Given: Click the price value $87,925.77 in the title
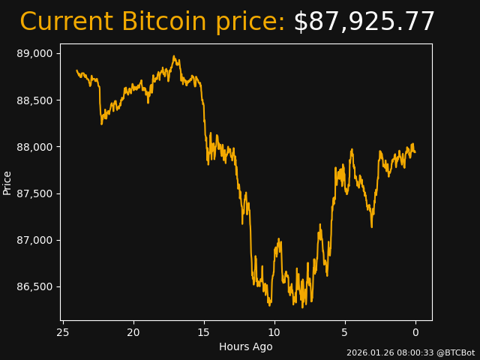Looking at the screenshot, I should click(364, 22).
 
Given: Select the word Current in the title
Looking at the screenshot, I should click(67, 22).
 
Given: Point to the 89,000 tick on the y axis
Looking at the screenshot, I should click(35, 53).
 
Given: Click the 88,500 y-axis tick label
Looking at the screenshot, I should click(35, 100).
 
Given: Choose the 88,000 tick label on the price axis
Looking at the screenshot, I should click(35, 147).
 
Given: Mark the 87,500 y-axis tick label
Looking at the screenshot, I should click(35, 193).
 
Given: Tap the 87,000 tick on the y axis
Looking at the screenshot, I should click(35, 240).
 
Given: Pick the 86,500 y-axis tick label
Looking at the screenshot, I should click(35, 286).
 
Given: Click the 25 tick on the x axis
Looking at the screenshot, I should click(63, 332).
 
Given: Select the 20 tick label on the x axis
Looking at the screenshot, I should click(133, 332).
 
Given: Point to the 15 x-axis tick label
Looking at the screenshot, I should click(204, 332).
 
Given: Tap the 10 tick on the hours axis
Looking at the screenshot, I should click(274, 332).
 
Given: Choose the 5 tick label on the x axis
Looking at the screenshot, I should click(345, 332).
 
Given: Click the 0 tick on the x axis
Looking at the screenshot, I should click(415, 332).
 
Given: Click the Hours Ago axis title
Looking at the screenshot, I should click(246, 346).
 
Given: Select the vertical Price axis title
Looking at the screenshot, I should click(7, 182).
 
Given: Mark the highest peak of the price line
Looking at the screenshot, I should click(174, 55).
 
